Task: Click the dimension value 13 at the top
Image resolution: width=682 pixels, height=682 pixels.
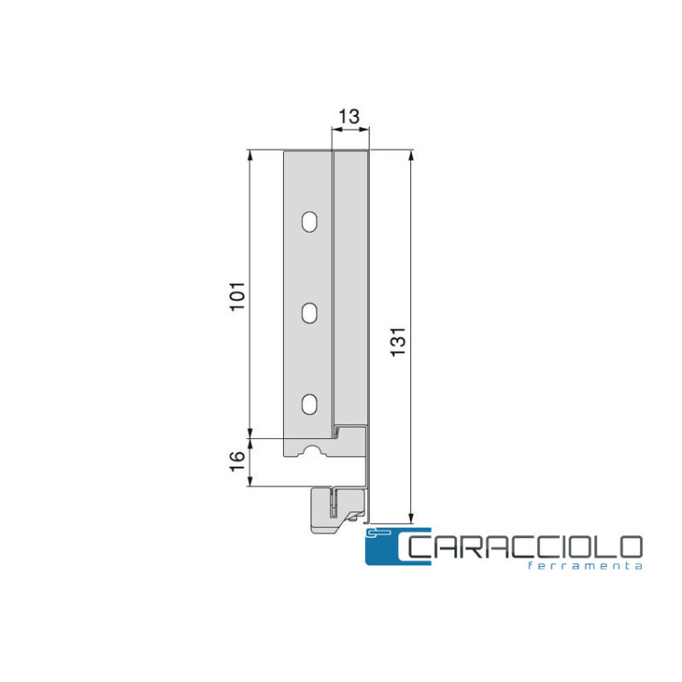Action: click(350, 117)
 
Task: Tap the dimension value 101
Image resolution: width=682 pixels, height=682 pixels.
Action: click(238, 297)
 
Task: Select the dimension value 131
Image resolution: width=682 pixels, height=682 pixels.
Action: click(398, 342)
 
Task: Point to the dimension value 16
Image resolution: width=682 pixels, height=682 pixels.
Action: click(238, 462)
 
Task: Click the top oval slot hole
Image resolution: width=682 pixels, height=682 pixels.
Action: click(309, 222)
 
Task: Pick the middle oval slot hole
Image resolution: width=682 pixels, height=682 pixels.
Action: click(309, 313)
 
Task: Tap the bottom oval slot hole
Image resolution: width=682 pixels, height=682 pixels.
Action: click(309, 404)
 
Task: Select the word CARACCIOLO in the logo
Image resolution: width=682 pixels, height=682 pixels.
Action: click(524, 547)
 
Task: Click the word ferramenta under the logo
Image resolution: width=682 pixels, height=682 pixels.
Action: click(585, 566)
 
